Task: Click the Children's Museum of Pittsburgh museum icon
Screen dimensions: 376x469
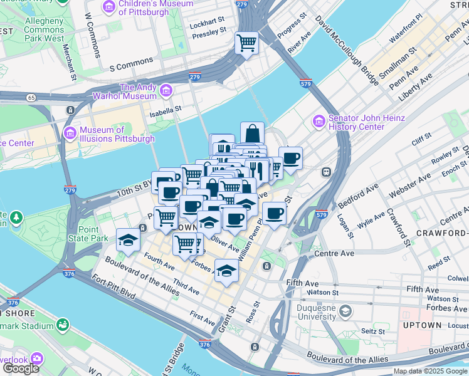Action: (x=109, y=7)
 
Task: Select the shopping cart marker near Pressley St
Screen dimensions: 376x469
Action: (x=246, y=43)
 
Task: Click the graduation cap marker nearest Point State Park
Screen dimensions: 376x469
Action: (x=128, y=239)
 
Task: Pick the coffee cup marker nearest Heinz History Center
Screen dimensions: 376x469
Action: (x=291, y=158)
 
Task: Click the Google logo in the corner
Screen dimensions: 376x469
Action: (x=21, y=368)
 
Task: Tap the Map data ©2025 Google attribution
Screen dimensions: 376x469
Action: (x=430, y=371)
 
